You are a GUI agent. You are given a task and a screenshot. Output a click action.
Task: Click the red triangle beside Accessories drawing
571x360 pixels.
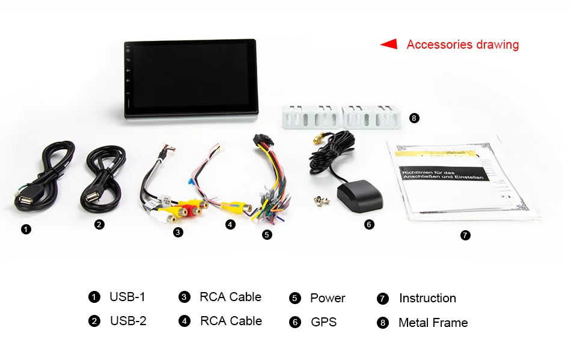click(x=389, y=44)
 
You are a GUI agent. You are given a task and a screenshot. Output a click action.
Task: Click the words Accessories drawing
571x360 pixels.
click(x=462, y=44)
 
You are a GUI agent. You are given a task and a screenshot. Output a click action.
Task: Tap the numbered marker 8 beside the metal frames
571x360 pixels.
click(x=414, y=118)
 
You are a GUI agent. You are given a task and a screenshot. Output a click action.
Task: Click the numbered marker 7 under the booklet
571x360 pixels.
click(x=465, y=235)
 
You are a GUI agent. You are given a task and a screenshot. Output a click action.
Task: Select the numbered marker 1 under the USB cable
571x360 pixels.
click(x=26, y=229)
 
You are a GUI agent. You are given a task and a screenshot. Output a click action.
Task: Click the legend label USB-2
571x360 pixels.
click(x=128, y=321)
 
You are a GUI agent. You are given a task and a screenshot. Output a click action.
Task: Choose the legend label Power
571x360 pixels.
click(x=328, y=298)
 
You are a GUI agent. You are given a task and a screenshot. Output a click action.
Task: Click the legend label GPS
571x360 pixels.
click(x=323, y=322)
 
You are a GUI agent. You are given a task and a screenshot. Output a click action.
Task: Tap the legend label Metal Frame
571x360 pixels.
click(x=433, y=323)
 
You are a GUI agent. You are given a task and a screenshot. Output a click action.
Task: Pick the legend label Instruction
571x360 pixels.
click(x=427, y=298)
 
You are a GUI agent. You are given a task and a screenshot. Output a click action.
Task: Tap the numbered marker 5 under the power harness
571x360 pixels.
click(x=267, y=235)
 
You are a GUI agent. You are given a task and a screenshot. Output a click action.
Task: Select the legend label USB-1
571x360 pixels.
click(x=127, y=297)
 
